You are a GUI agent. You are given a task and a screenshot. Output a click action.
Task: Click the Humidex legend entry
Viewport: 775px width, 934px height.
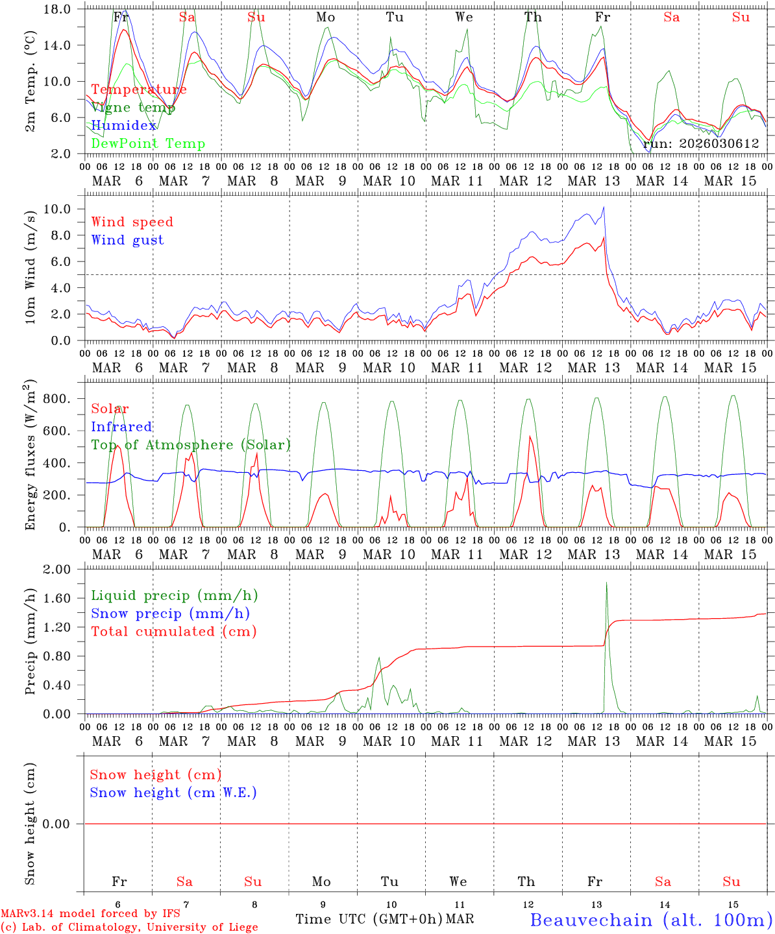[124, 126]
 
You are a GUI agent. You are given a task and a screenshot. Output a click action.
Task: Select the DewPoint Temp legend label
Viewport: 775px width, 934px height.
[148, 144]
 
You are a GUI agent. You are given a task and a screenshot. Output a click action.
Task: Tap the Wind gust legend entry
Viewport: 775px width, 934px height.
[127, 240]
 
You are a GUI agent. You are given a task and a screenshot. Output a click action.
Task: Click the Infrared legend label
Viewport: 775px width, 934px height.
[121, 427]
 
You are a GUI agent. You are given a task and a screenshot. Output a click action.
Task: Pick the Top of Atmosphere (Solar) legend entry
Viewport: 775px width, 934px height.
[190, 445]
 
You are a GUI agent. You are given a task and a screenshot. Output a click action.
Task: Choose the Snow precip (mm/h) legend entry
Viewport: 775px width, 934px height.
[170, 614]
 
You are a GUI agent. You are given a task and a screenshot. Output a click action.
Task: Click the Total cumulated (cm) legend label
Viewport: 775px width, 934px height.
[173, 632]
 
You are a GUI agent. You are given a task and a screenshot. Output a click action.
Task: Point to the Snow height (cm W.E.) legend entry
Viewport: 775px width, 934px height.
[173, 793]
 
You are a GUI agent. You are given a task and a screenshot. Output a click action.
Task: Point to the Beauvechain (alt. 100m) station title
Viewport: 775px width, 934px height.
[651, 920]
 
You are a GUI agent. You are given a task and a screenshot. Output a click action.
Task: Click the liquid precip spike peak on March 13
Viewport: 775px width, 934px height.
[606, 582]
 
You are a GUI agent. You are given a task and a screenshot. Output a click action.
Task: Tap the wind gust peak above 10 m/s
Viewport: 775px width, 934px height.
[604, 207]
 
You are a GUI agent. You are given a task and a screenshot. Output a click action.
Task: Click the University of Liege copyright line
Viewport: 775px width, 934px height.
[129, 927]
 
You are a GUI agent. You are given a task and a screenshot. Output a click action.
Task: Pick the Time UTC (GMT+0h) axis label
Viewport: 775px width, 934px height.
[369, 919]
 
